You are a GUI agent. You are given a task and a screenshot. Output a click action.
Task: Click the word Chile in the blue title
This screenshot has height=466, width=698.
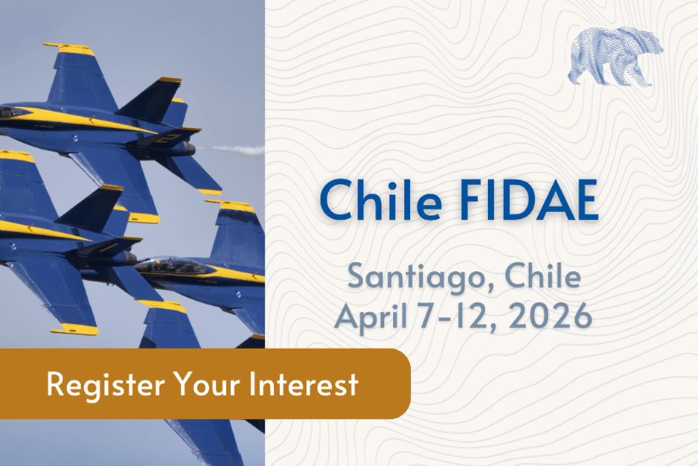point(380,200)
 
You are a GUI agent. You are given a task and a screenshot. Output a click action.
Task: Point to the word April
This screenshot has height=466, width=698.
point(371,318)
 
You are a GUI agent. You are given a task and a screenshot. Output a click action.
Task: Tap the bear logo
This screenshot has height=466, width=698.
point(615,57)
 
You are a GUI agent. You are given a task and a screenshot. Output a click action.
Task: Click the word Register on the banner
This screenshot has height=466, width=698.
point(106,385)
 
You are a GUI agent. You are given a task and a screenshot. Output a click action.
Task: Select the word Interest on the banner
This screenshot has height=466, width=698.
point(304,383)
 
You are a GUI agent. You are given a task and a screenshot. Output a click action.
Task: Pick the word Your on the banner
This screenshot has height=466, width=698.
point(207,383)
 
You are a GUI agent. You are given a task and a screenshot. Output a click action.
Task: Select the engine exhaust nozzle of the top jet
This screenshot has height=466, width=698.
point(188,149)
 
